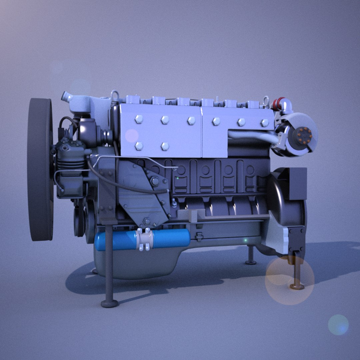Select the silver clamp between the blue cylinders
[x=145, y=239]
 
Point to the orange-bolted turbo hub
[x=304, y=134]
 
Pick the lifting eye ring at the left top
[x=115, y=95]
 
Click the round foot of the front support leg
[x=110, y=303]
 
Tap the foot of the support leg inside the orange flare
[x=296, y=286]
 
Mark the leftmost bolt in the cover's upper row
[x=139, y=119]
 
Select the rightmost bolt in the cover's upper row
[x=265, y=123]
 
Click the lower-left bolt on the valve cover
[x=139, y=146]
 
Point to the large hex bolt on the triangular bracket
[x=155, y=182]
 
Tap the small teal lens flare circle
[x=338, y=324]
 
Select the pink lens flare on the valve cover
[x=132, y=135]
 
